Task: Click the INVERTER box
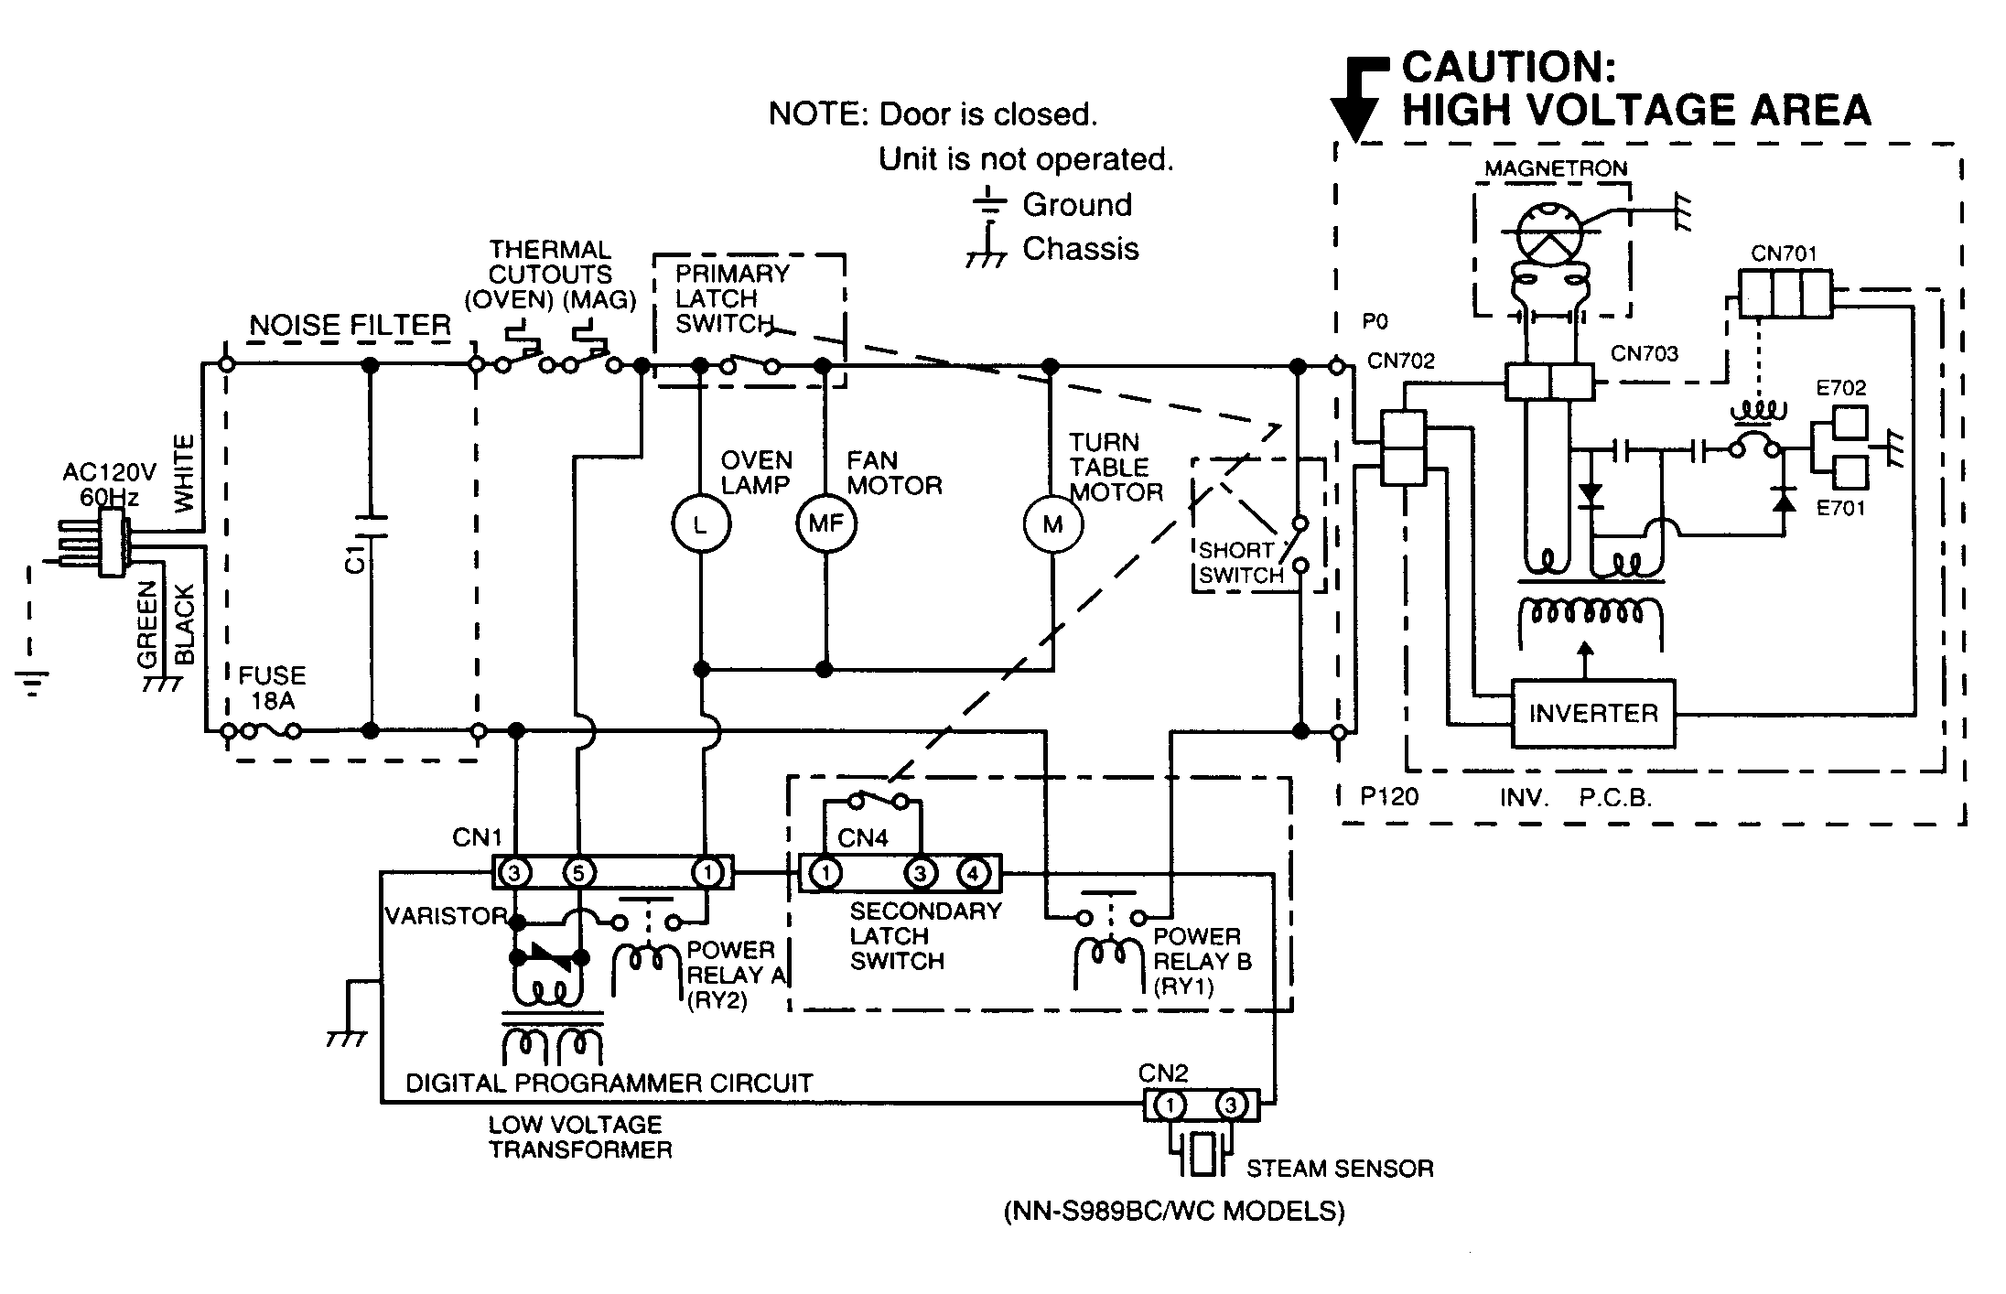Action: [x=1592, y=713]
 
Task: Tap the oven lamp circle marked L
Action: [x=701, y=524]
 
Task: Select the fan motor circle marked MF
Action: [x=825, y=524]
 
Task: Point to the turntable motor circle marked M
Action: [x=1052, y=524]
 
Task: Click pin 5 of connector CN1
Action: [x=577, y=873]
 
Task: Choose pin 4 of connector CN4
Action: [x=973, y=873]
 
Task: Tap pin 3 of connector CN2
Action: [x=1231, y=1105]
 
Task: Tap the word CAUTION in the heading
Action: [x=1509, y=67]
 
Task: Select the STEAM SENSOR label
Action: [x=1339, y=1169]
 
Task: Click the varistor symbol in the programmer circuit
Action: [x=547, y=958]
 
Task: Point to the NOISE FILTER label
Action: [x=351, y=325]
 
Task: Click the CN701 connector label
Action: [x=1784, y=253]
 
